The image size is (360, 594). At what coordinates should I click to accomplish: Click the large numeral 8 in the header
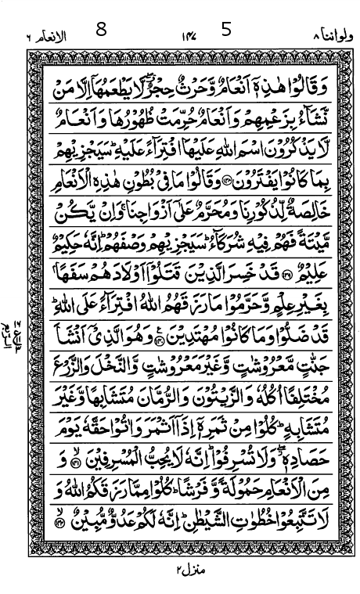pyautogui.click(x=101, y=31)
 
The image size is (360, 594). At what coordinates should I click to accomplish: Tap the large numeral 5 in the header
pyautogui.click(x=227, y=31)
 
